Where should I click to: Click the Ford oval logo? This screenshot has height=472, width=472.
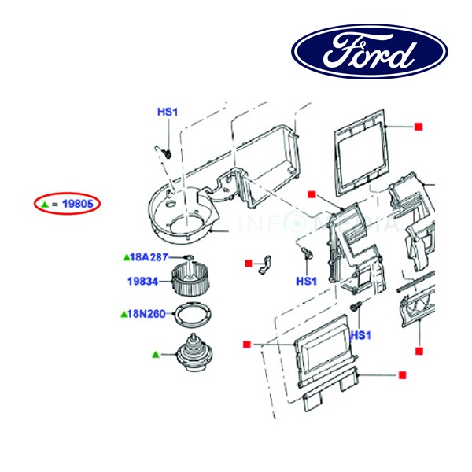(x=369, y=52)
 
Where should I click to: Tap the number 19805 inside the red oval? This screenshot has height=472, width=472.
(x=79, y=204)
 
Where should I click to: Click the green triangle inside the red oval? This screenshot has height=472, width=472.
(x=46, y=204)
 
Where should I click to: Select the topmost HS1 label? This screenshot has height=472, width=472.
(x=168, y=112)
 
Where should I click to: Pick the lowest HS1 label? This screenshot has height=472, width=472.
(x=360, y=336)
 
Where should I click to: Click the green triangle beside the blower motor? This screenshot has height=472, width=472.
(x=156, y=355)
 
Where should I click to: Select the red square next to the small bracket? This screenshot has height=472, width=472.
(x=248, y=263)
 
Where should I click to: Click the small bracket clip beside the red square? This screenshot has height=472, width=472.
(x=266, y=267)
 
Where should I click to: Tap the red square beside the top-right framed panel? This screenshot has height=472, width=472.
(x=419, y=127)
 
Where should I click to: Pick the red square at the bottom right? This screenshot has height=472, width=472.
(x=402, y=374)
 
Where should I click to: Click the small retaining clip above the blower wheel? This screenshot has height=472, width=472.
(x=188, y=258)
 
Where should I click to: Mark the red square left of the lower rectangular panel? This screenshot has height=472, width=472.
(x=247, y=344)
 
